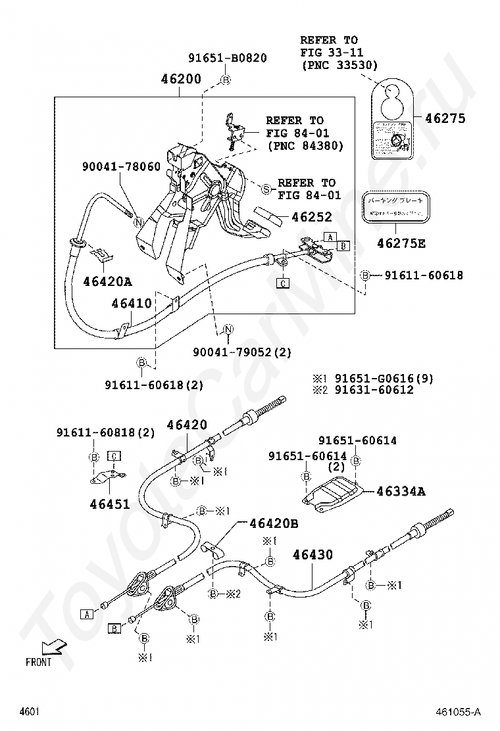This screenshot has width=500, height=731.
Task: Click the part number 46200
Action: coord(181,80)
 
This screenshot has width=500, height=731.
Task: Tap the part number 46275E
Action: coord(401,244)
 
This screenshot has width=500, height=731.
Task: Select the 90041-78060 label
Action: coord(122,167)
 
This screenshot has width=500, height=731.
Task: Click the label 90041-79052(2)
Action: coord(242,352)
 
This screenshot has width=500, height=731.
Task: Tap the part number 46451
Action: coord(111,505)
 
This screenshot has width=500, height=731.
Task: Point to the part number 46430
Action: coord(312,555)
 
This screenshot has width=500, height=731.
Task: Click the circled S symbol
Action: coord(266,189)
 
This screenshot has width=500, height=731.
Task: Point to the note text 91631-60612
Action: coord(374,390)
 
